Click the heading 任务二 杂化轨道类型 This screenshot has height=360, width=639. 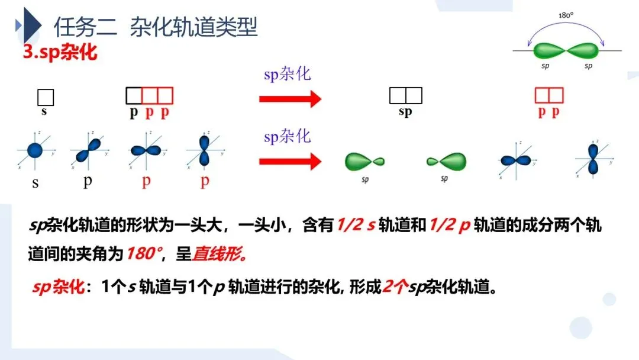(156, 27)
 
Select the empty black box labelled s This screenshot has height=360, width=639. (46, 97)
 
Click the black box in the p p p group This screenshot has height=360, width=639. (134, 95)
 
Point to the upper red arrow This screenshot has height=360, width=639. (290, 98)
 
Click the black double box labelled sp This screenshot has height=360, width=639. (405, 95)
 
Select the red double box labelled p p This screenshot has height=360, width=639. (549, 95)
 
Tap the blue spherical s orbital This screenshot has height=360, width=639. (35, 150)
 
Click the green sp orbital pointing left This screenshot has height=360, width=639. (447, 160)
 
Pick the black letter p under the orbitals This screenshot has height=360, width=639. (88, 181)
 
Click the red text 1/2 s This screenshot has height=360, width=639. (356, 226)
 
